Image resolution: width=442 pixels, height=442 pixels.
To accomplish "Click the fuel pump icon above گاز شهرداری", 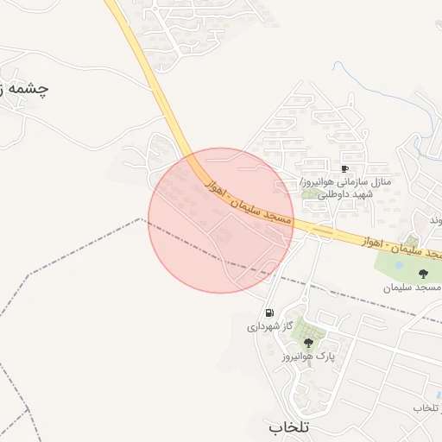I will (270, 313).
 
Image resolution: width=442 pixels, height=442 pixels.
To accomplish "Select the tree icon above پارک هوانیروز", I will (308, 343).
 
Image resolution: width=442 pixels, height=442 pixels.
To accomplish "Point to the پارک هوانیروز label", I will (308, 357).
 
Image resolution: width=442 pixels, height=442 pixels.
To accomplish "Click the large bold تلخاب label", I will (288, 426).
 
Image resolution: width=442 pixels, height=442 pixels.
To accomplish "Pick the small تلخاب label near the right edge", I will (427, 407).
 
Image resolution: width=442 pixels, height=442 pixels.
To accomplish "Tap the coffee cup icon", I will (345, 169).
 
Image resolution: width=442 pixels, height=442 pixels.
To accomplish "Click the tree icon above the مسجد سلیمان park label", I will (422, 273).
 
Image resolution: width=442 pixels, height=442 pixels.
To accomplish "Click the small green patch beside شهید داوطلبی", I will (307, 195).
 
